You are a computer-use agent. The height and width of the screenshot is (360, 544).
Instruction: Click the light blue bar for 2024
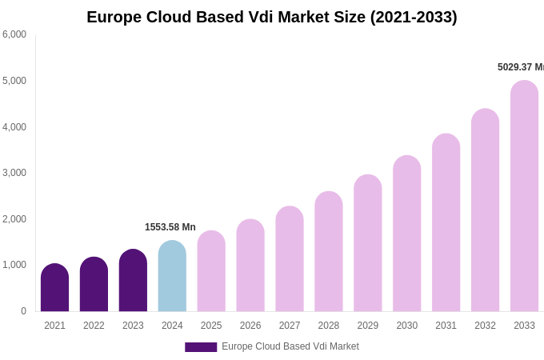point(172,277)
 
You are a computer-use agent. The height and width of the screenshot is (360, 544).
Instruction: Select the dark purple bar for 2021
point(54,288)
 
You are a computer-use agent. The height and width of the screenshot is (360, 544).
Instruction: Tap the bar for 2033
point(524,197)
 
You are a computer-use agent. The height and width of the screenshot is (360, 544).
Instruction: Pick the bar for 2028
point(328,252)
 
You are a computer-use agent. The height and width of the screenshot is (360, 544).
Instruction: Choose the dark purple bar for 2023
point(133,281)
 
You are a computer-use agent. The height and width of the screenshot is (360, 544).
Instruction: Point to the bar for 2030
point(406,234)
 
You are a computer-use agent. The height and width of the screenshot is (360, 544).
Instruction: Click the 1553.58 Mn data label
point(170,227)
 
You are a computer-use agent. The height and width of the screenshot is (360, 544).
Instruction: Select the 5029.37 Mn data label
point(520,67)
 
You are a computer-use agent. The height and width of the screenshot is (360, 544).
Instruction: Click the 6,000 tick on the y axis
point(14,34)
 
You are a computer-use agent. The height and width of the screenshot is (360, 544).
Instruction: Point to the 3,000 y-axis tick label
point(14,173)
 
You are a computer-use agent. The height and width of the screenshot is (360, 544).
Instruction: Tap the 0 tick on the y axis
point(23,311)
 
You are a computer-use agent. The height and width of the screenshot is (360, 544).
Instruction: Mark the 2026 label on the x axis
point(250,326)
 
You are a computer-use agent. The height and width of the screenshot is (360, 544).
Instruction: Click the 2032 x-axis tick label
point(485,326)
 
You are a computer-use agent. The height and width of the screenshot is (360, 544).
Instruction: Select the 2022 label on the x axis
point(94,326)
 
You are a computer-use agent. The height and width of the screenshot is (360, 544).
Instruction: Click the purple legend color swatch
point(201,347)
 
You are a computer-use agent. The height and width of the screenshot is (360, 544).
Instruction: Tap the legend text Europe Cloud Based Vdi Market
point(290,346)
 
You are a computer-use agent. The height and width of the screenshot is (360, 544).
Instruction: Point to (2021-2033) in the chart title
point(413,17)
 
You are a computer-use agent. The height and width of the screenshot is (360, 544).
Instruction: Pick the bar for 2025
point(211,272)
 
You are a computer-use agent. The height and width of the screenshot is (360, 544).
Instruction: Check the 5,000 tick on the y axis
point(14,81)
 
